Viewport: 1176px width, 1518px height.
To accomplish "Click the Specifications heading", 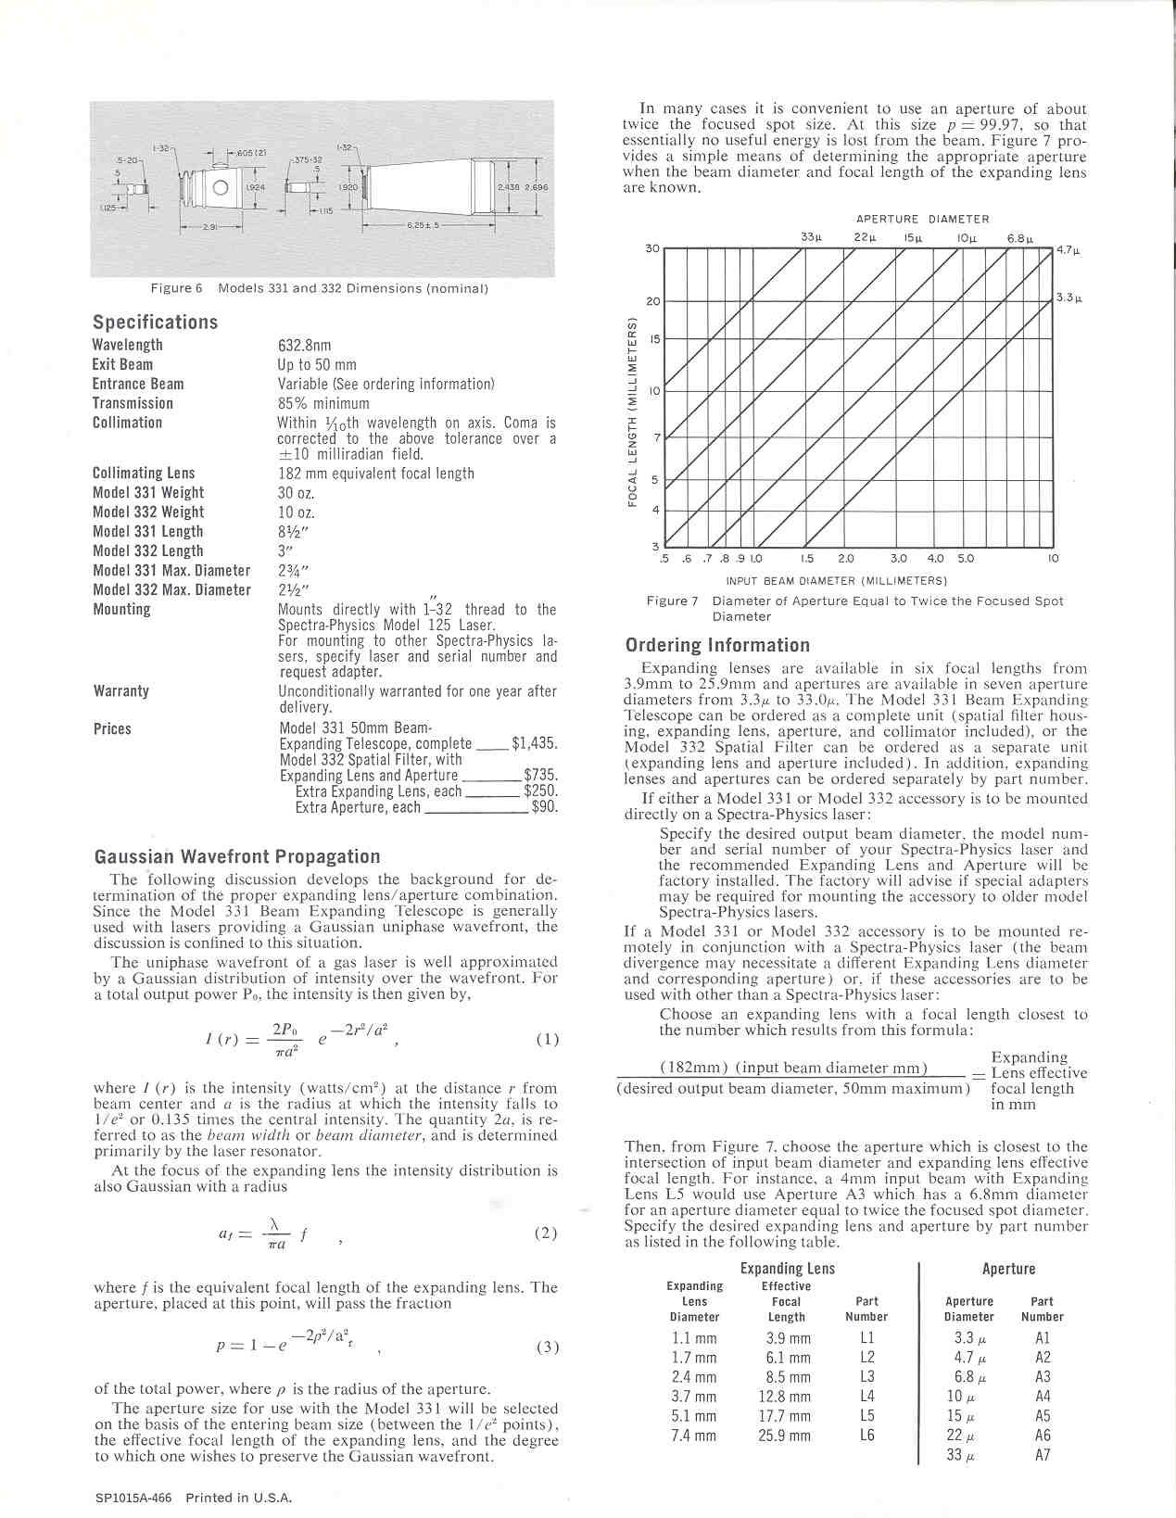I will click(155, 323).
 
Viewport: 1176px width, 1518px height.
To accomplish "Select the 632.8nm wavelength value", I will click(304, 346).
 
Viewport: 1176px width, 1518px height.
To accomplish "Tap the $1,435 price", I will click(534, 743).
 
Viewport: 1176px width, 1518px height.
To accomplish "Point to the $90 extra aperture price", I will click(544, 807).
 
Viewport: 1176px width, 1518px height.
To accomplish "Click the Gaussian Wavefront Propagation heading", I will click(236, 857).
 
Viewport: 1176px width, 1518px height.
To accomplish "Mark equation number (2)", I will click(547, 1233).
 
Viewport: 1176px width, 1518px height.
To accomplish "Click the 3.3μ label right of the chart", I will click(1069, 298).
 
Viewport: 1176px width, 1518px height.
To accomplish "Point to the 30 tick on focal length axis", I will click(651, 248).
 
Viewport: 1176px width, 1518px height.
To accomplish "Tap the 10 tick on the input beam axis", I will click(1054, 559).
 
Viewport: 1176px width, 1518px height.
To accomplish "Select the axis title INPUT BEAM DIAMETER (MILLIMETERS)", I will click(836, 581).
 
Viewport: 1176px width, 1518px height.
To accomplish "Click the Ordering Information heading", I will click(717, 645).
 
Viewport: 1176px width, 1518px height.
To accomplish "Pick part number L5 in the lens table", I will click(866, 1416).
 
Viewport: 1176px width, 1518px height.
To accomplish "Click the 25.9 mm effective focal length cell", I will click(787, 1436).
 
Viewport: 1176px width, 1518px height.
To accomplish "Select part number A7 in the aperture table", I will click(1043, 1455).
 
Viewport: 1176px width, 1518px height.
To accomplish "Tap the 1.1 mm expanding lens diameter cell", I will click(693, 1338).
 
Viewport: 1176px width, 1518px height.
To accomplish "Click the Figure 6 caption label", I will click(176, 288).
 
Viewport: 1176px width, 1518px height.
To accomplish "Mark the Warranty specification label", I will click(120, 691).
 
